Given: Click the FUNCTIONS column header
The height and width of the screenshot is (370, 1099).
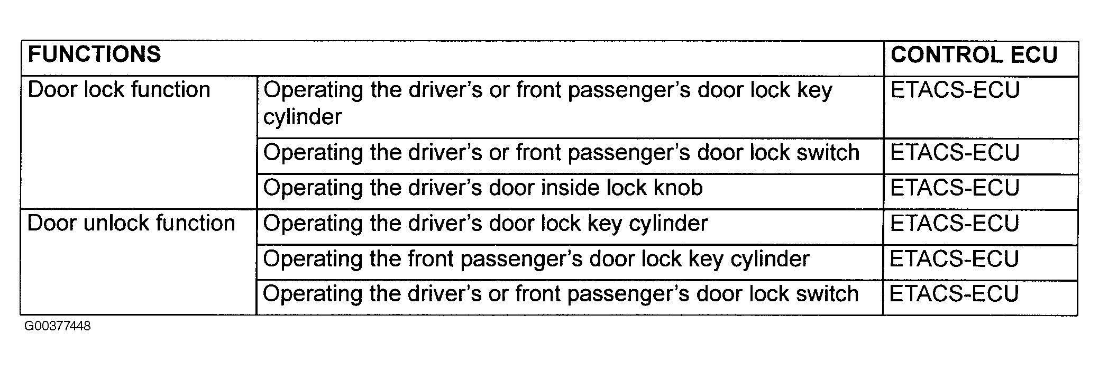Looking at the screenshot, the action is pos(94,54).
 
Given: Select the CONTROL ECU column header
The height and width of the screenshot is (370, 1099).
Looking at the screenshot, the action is pos(974,55).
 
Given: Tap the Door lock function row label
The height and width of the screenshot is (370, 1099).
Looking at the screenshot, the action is pos(119,90).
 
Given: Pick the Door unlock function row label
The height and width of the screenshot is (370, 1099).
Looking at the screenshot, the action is pos(131,223).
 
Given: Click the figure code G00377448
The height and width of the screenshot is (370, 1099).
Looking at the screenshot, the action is pos(57,326).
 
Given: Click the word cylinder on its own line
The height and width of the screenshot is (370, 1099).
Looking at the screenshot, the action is pos(303,117).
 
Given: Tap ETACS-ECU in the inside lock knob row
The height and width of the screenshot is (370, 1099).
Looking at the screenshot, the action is pos(955,188).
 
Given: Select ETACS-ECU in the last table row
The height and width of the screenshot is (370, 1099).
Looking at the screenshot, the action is pos(955,294).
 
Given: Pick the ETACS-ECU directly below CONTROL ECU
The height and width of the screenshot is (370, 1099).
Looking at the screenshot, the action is pos(955,90).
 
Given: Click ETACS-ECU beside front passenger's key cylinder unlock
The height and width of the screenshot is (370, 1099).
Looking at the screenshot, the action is pos(955,259).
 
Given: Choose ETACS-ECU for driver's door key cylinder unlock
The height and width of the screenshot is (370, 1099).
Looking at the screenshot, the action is pos(955,224).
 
